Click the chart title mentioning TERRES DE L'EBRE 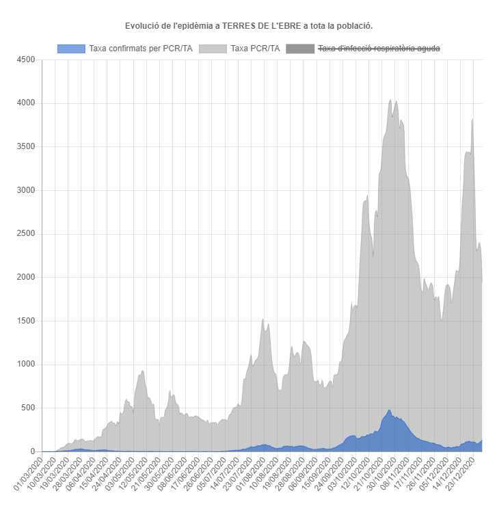(x=249, y=26)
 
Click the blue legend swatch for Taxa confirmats (x=71, y=49)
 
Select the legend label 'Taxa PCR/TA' (x=255, y=49)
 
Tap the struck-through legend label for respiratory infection (x=379, y=49)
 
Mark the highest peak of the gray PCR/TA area (x=390, y=100)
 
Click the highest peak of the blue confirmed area (x=390, y=410)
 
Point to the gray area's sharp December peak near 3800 (x=473, y=120)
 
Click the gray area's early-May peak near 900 (x=142, y=371)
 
